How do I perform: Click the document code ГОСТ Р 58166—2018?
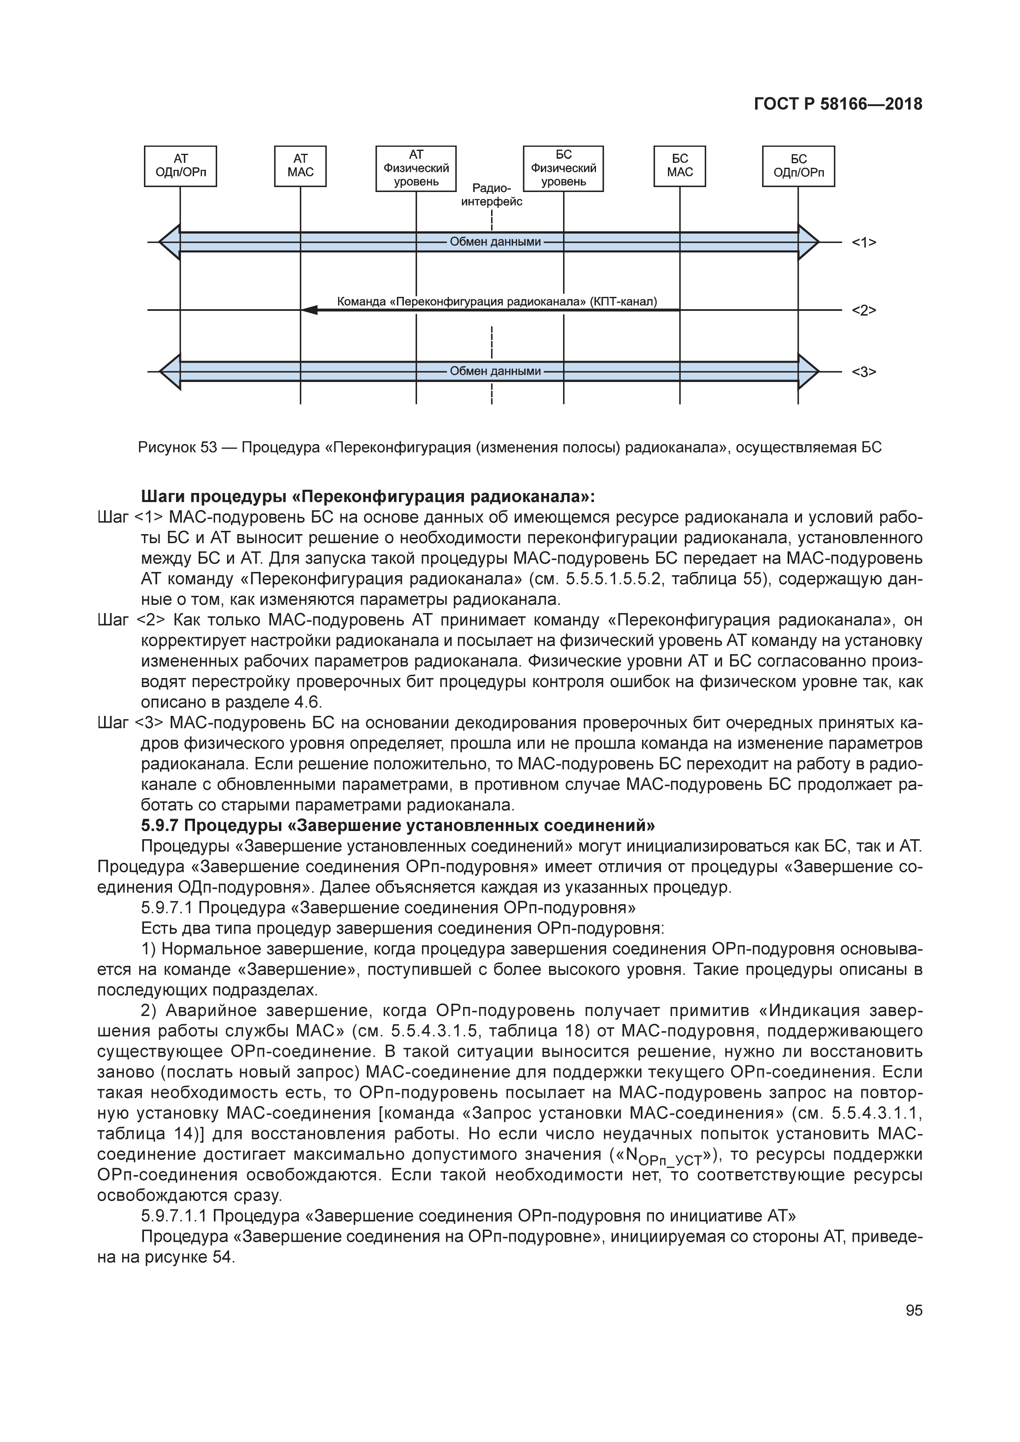[x=838, y=104]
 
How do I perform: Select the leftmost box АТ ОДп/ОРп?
[x=180, y=167]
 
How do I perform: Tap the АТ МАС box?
[x=300, y=167]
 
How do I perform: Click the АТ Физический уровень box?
[x=416, y=168]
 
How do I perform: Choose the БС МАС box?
[x=679, y=167]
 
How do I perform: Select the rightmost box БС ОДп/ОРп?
[x=798, y=167]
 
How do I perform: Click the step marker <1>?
[x=864, y=243]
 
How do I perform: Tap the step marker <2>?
[x=864, y=310]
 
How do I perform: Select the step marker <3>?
[x=864, y=372]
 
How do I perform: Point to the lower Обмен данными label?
[x=495, y=371]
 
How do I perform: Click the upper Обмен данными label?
[x=495, y=242]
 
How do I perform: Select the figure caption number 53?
[x=209, y=448]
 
